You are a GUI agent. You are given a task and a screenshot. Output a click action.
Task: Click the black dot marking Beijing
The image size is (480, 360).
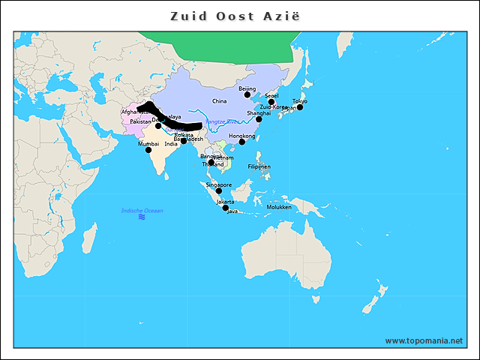point(247,94)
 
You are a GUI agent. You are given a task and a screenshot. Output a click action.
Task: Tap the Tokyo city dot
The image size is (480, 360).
point(300,107)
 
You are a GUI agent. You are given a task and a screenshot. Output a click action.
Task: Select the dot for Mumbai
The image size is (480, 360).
point(148,150)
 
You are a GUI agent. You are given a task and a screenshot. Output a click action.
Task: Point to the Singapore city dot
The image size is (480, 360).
point(219,191)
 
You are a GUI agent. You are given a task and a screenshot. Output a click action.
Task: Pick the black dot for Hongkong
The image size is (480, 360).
point(242,142)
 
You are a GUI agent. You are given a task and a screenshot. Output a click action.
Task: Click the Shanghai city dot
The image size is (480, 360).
point(259,119)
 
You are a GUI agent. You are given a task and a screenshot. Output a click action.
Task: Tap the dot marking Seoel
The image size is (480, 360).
point(271,102)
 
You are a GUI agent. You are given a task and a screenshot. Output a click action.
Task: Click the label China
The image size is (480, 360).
point(219,100)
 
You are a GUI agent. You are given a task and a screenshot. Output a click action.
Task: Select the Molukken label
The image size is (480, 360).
point(279,207)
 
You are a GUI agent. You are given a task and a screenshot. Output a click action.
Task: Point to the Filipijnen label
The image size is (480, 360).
point(259,166)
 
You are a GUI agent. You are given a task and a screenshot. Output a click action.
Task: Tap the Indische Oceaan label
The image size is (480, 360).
point(142,211)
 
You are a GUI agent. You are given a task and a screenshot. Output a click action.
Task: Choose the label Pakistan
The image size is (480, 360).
point(140,121)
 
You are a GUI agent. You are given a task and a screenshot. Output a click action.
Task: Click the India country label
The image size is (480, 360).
point(171,144)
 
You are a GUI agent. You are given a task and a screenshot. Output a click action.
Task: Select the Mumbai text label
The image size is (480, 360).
point(148,143)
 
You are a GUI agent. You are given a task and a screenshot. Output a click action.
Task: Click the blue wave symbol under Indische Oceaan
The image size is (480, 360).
point(142,217)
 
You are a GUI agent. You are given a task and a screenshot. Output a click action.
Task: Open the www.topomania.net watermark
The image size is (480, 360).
point(424,341)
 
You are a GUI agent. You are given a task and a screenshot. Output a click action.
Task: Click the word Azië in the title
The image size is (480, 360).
point(282,16)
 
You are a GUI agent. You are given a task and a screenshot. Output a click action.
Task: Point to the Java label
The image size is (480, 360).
point(232,211)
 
